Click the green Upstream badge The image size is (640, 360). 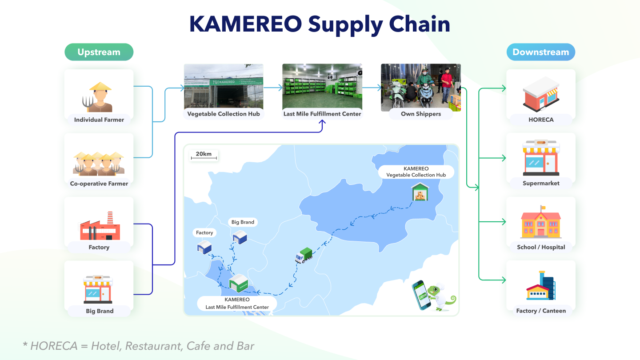point(99,52)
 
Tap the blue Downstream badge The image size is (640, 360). point(541,52)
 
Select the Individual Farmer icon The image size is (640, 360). point(99,97)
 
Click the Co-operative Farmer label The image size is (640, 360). point(99,184)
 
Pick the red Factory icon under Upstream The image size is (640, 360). point(100,226)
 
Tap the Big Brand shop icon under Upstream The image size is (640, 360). point(98,289)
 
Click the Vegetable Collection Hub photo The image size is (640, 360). point(224,86)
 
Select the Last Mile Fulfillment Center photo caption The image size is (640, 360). point(322,114)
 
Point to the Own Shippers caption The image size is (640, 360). point(421,114)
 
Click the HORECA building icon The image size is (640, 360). point(541,94)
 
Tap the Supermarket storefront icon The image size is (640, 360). point(541,158)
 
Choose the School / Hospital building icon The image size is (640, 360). point(541,222)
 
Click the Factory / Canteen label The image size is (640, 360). point(541,311)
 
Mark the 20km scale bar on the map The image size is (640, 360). point(204,158)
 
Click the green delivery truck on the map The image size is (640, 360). point(304,255)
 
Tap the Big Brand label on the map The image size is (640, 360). point(243,222)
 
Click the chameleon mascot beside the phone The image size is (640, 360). point(441,297)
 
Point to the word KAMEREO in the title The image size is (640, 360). point(245,24)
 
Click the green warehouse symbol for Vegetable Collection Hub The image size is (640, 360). point(420,192)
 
